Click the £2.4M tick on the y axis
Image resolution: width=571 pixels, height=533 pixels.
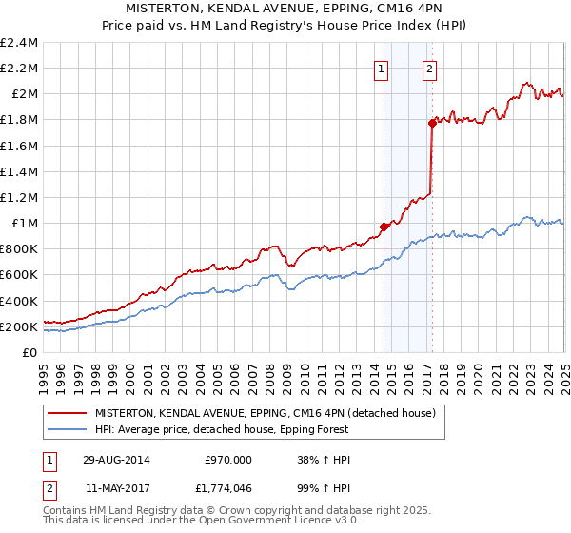(x=19, y=43)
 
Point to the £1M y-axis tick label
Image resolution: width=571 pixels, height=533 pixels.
(x=23, y=223)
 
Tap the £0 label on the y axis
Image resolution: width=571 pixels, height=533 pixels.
(x=30, y=352)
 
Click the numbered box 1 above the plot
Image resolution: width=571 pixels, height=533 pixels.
(x=381, y=69)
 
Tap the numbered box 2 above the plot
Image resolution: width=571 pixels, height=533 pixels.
(x=430, y=69)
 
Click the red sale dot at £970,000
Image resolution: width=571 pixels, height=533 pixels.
(x=384, y=227)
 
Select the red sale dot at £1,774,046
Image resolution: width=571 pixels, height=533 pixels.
(x=432, y=123)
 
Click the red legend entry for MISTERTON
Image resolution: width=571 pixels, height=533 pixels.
(x=265, y=413)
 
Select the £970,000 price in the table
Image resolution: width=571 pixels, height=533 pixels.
(x=228, y=459)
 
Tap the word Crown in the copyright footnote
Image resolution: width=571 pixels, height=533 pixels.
(x=210, y=511)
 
